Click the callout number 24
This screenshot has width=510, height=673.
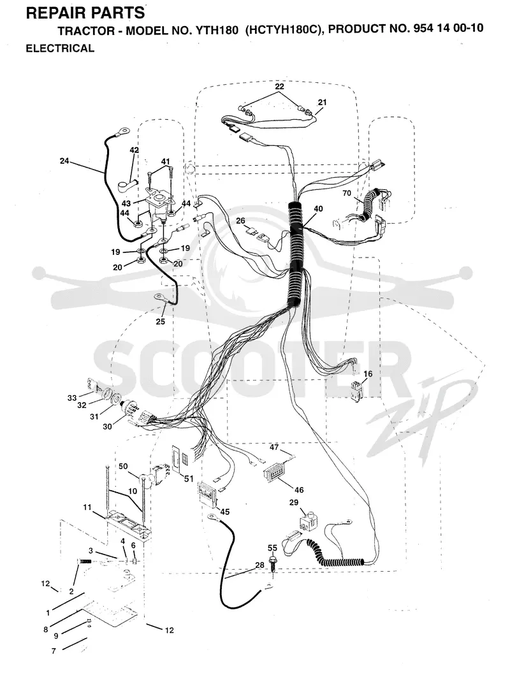pos(64,161)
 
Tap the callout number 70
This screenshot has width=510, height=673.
pos(347,193)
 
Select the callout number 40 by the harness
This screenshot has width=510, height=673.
pos(318,209)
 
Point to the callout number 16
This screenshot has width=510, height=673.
pos(368,374)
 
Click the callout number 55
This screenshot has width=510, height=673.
pos(272,548)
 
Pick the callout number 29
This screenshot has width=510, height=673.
pos(294,503)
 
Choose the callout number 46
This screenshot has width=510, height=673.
pos(299,489)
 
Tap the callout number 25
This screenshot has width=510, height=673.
pos(160,321)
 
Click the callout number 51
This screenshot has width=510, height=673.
pos(189,479)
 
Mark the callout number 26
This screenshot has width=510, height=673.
pos(240,221)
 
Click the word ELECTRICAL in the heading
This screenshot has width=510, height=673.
pos(60,48)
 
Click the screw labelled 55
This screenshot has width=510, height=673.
pos(272,563)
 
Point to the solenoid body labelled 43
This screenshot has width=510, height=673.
pos(158,207)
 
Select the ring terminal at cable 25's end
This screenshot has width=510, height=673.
pos(161,296)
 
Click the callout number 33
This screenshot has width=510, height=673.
pos(71,398)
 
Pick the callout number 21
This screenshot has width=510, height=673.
pos(322,102)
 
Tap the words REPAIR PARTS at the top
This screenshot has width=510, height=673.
pos(85,13)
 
